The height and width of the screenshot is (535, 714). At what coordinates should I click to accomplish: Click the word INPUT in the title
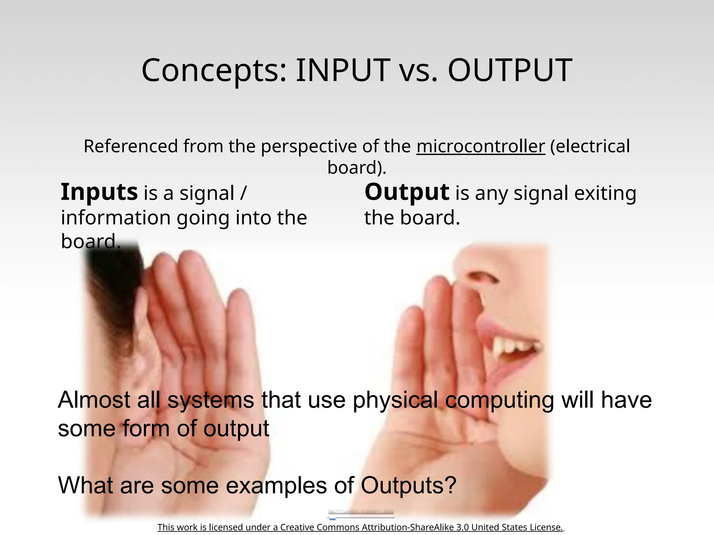point(343,70)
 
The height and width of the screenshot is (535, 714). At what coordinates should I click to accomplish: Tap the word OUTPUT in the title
point(509,70)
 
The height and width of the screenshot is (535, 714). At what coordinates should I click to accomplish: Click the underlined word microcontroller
point(480,146)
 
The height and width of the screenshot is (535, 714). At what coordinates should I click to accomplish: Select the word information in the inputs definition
point(116,218)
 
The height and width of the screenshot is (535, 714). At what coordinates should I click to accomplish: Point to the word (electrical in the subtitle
point(590,146)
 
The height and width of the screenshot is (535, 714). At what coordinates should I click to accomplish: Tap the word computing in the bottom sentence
point(500,400)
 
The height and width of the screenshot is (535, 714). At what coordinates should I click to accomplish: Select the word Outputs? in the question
point(408,485)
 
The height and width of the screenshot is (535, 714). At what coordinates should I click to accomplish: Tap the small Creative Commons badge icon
point(361,511)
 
